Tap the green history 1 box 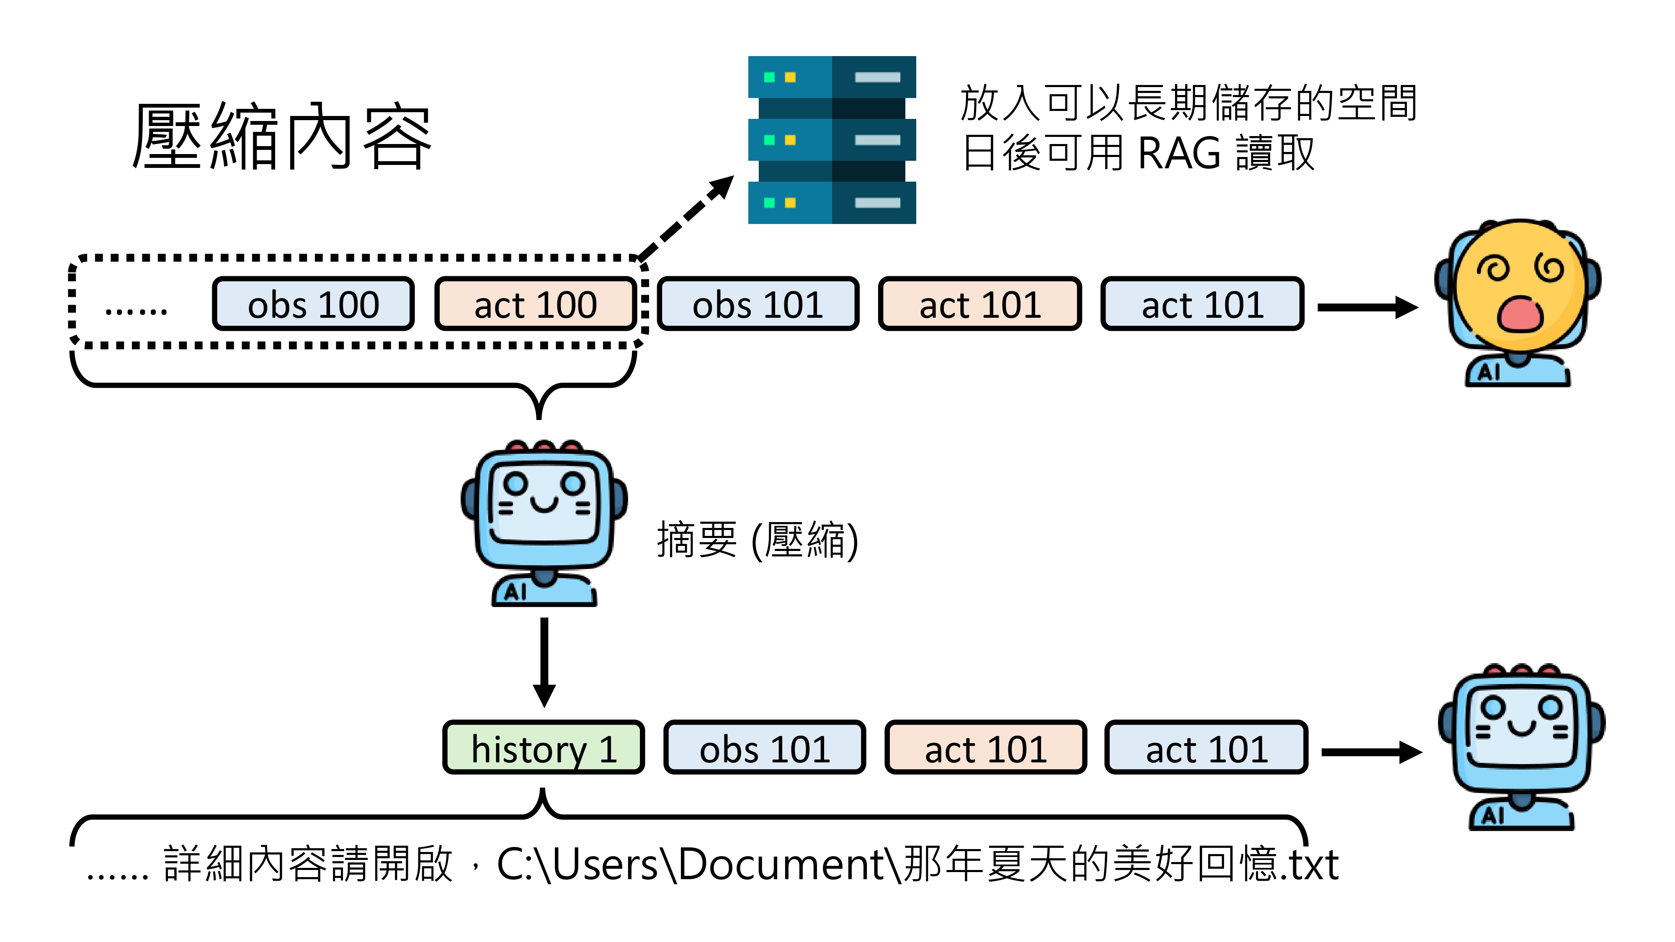click(x=544, y=748)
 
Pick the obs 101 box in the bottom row click(x=765, y=748)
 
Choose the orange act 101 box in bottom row click(x=986, y=748)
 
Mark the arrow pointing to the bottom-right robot click(x=1371, y=752)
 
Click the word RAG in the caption click(x=1179, y=153)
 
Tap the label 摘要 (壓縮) click(x=758, y=540)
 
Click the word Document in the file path click(x=780, y=865)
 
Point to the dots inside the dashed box click(x=136, y=311)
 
